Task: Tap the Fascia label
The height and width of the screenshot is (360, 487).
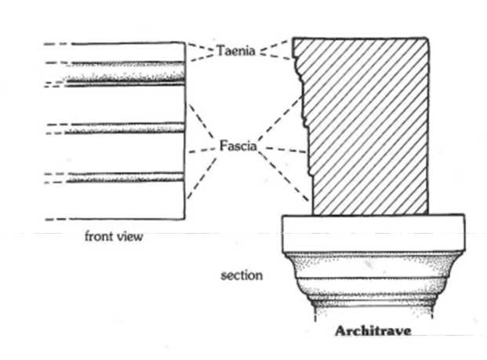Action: click(x=238, y=145)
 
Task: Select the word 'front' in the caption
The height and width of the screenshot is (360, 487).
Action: click(x=100, y=235)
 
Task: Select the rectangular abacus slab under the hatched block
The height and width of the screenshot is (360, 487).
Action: click(x=373, y=234)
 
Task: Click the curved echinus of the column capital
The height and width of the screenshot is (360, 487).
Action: click(x=373, y=271)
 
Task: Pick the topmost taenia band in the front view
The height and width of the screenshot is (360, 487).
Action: click(x=125, y=52)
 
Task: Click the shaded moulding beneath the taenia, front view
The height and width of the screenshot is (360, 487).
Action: click(x=125, y=75)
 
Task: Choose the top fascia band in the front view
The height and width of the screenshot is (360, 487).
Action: click(x=125, y=104)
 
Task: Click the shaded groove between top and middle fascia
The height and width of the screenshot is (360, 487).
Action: click(x=125, y=128)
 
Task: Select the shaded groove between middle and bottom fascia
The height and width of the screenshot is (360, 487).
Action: click(x=125, y=178)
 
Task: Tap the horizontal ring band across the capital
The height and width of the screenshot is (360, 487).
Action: click(x=373, y=289)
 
